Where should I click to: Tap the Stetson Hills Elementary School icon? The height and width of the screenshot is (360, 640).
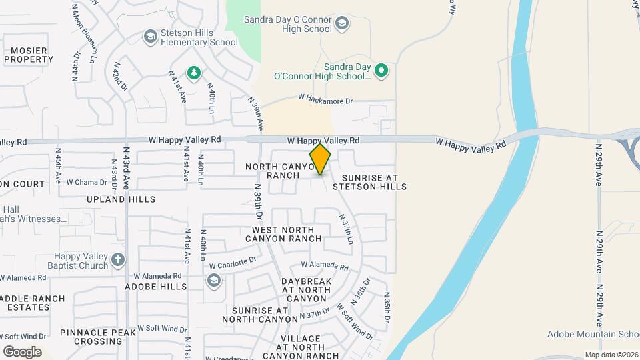(151, 36)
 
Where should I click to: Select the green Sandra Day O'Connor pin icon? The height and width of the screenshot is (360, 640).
(381, 70)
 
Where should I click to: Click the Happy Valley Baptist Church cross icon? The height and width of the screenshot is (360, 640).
(118, 259)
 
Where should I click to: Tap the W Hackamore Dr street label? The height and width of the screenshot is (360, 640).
(325, 99)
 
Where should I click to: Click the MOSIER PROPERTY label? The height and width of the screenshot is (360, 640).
(29, 55)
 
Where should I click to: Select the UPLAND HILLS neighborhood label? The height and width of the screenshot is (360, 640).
(121, 199)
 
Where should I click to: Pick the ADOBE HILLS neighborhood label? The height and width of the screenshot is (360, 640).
(156, 287)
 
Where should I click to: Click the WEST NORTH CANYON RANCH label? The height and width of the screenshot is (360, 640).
(287, 234)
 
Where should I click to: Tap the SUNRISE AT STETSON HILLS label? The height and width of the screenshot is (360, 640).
(374, 183)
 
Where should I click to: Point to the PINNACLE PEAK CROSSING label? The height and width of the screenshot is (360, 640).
(89, 337)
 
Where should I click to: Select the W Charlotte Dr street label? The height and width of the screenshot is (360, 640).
(233, 263)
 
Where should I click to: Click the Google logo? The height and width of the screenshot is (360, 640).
(23, 352)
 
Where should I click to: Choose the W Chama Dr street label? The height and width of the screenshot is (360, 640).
(87, 182)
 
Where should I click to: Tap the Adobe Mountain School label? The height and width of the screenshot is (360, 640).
(593, 334)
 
